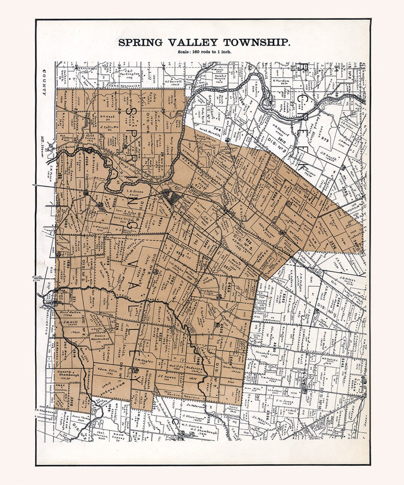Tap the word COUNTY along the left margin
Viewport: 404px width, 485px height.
click(44, 82)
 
